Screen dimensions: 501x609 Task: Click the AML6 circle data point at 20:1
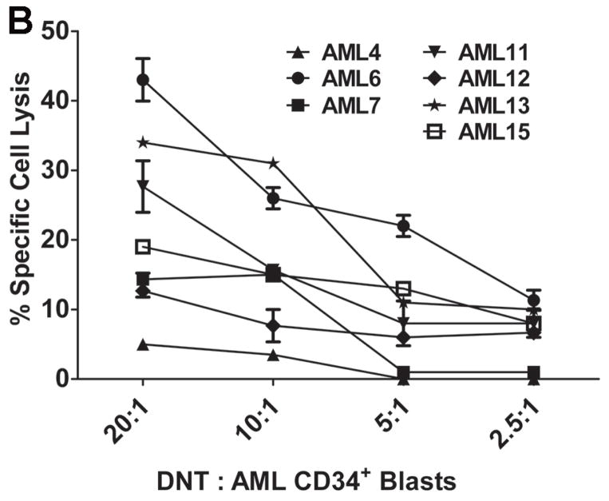coord(143,80)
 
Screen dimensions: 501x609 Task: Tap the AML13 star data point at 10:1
coord(274,163)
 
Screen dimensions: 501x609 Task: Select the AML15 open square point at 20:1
coord(143,246)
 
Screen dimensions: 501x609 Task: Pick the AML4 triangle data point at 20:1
coord(143,344)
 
